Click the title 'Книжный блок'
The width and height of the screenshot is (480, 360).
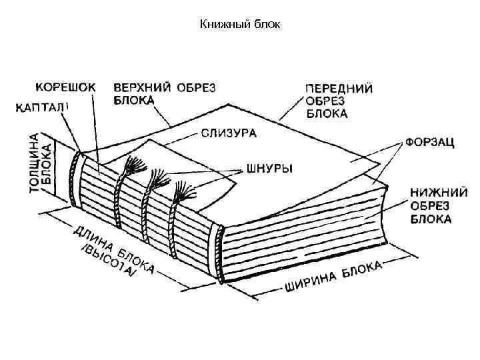click(x=241, y=25)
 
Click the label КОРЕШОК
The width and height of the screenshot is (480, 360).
click(x=65, y=87)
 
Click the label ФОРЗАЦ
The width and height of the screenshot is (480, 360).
click(x=429, y=143)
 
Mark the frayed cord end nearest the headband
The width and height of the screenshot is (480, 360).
click(x=135, y=164)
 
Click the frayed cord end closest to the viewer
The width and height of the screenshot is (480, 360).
click(x=184, y=192)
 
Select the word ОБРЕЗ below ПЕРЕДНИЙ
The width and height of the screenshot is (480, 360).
click(x=325, y=101)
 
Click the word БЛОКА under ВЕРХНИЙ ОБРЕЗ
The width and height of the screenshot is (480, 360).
click(x=133, y=100)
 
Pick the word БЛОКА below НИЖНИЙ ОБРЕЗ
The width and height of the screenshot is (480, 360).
click(x=430, y=219)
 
